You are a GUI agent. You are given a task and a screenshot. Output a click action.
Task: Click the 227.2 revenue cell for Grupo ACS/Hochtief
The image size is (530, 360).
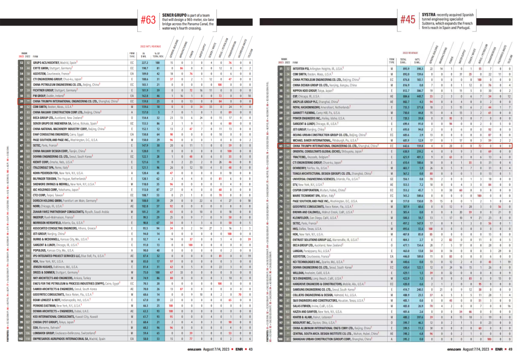coord(144,63)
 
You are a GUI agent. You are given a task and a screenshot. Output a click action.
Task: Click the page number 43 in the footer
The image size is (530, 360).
coord(250,349)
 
